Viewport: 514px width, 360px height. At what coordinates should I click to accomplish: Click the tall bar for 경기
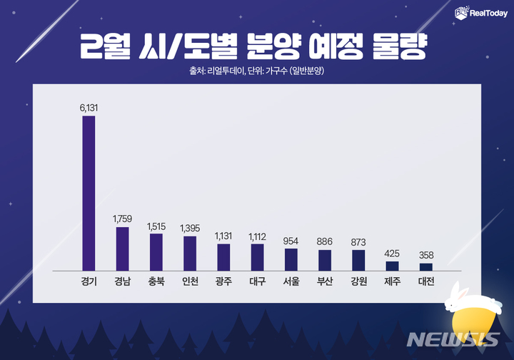tap(89, 193)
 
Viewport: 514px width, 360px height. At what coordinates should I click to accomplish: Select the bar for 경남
tap(122, 249)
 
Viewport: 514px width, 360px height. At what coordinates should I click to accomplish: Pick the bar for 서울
tap(291, 259)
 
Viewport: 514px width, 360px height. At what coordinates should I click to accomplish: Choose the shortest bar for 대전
tap(426, 266)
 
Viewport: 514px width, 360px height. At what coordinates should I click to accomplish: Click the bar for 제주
tap(392, 266)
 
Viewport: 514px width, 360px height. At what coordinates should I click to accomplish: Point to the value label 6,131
tap(89, 107)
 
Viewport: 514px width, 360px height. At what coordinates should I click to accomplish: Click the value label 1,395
tap(190, 227)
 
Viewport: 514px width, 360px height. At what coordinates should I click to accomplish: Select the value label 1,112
tap(257, 236)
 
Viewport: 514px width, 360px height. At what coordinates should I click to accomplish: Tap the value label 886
tap(325, 241)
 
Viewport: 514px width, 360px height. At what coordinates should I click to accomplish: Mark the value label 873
tap(358, 241)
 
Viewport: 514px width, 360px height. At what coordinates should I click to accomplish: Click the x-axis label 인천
tap(190, 282)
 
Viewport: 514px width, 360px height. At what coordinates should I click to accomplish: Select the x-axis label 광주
tap(223, 282)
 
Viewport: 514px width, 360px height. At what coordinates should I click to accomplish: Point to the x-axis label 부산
tap(325, 282)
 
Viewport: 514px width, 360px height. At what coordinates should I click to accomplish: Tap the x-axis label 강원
tap(358, 282)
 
